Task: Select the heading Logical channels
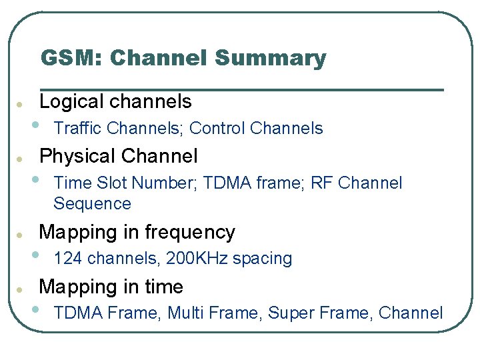115,101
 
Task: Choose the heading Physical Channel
119,156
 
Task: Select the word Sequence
92,204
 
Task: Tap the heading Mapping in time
111,287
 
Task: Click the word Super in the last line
289,313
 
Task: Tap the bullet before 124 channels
35,254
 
